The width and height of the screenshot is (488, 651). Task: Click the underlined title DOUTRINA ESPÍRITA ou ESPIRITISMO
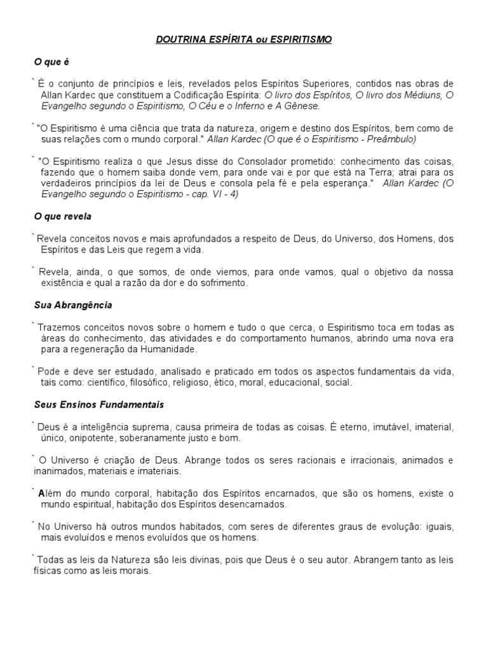tap(244, 39)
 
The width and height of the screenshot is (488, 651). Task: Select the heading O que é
tap(50, 62)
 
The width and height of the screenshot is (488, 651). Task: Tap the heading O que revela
tap(63, 216)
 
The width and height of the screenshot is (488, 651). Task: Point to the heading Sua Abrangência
tap(73, 305)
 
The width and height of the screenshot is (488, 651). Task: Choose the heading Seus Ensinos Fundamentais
tap(99, 404)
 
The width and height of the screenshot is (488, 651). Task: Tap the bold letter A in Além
tap(41, 493)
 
